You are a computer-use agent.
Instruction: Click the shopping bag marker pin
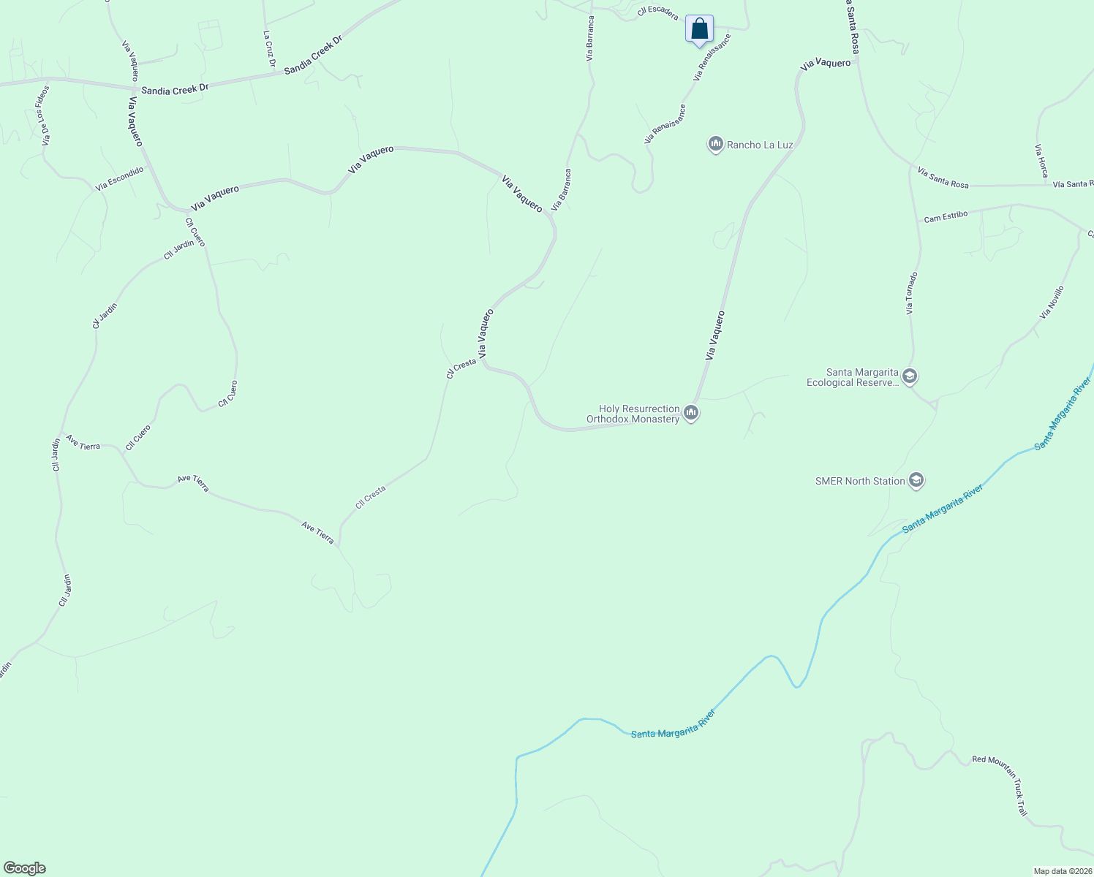[x=699, y=29]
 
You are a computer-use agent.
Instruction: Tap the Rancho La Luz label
[x=760, y=145]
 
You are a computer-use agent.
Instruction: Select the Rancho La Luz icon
[x=716, y=145]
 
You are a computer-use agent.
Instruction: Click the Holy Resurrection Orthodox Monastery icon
[x=691, y=414]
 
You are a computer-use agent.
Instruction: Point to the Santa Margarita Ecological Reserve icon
[x=910, y=377]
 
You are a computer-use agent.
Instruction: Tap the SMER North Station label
[x=860, y=481]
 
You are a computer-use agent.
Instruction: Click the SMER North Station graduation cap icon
[x=916, y=480]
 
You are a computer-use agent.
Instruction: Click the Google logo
[x=24, y=868]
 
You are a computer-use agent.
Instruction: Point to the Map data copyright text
[x=1063, y=871]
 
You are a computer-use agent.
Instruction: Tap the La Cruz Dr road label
[x=269, y=49]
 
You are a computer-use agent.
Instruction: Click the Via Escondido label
[x=119, y=179]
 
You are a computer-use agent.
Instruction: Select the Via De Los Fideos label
[x=45, y=115]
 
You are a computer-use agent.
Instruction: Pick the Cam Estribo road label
[x=946, y=217]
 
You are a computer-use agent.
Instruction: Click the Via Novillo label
[x=1052, y=303]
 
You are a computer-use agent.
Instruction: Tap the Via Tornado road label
[x=910, y=293]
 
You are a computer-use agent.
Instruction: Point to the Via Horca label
[x=1041, y=161]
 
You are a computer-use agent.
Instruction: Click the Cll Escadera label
[x=657, y=13]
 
